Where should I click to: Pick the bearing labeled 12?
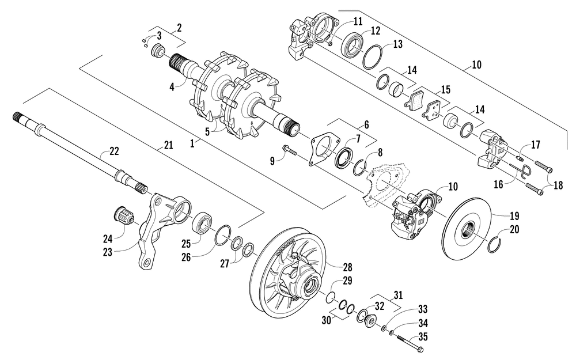click(351, 45)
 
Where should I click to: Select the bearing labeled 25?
click(202, 222)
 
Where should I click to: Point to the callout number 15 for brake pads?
click(445, 90)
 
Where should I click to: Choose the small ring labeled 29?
click(331, 298)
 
